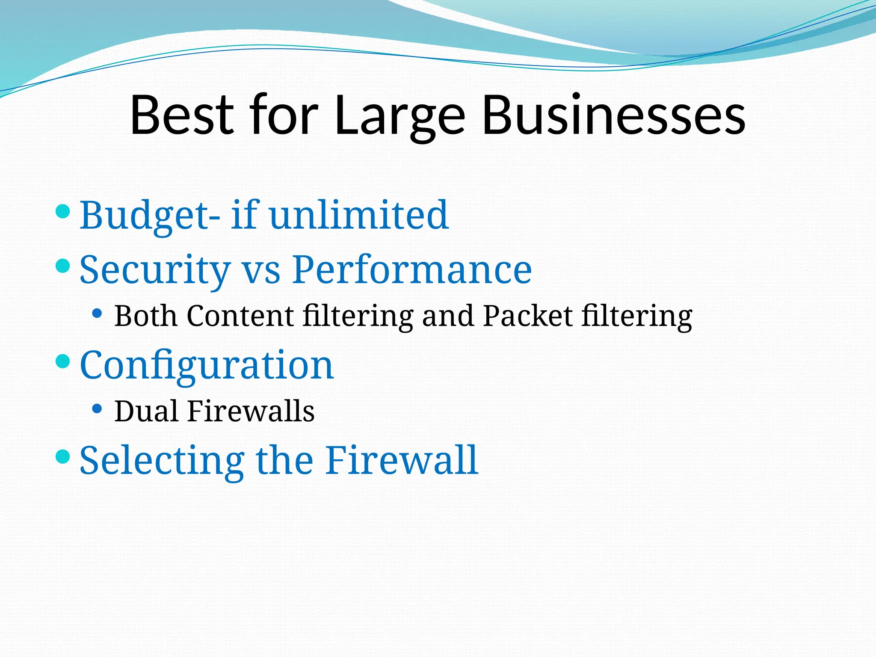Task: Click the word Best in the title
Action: point(182,115)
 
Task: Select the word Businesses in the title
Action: point(613,115)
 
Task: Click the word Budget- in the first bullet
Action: point(150,216)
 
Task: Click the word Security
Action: point(155,271)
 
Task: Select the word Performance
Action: point(412,269)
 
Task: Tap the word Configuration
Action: point(207,366)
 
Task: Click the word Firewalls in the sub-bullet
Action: point(251,411)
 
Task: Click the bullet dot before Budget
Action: point(63,211)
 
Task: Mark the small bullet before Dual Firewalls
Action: point(97,409)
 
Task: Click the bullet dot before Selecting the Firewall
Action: point(63,456)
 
